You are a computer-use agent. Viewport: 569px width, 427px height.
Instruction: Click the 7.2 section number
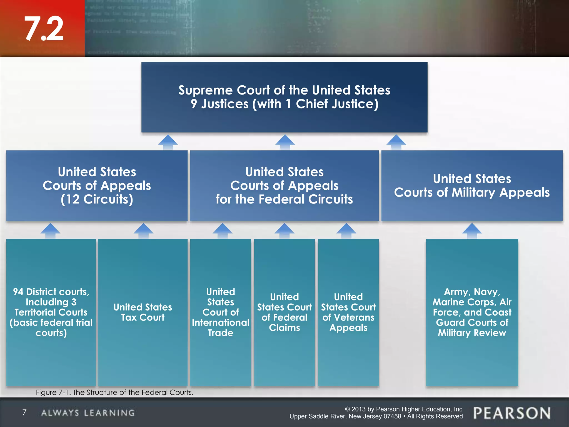coord(44,28)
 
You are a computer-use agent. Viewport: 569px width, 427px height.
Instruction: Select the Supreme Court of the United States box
coord(284,97)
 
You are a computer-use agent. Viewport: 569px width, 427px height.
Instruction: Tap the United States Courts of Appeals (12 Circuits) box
coord(97,185)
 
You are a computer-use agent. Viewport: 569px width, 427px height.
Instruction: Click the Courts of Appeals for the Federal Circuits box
coord(284,185)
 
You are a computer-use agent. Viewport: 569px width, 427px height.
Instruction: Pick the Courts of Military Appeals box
coord(472,185)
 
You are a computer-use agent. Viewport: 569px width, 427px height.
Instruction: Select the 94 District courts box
coord(51,312)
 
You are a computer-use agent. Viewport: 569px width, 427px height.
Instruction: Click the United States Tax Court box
coord(143,312)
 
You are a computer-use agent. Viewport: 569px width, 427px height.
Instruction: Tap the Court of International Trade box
coord(220,312)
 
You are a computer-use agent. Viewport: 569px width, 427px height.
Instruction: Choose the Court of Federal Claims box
coord(284,312)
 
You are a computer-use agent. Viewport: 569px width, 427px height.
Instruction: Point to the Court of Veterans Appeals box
coord(348,312)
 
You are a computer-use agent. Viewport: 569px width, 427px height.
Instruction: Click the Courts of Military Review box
coord(472,312)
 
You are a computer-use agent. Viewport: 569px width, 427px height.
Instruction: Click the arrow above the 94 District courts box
coord(50,230)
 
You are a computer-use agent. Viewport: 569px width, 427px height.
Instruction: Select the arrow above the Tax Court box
coord(143,230)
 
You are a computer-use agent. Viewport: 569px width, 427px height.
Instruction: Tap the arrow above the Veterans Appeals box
coord(346,230)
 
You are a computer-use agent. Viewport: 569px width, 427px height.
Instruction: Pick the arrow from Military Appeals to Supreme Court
coord(396,142)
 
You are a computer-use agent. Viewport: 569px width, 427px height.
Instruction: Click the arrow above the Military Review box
coord(472,230)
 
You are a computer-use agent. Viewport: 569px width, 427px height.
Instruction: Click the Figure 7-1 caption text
coord(114,392)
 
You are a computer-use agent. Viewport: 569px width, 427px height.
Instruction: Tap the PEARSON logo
coord(512,413)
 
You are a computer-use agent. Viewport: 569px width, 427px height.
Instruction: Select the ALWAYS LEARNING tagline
coord(88,413)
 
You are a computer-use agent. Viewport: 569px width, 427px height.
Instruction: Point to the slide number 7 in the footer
coord(24,413)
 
